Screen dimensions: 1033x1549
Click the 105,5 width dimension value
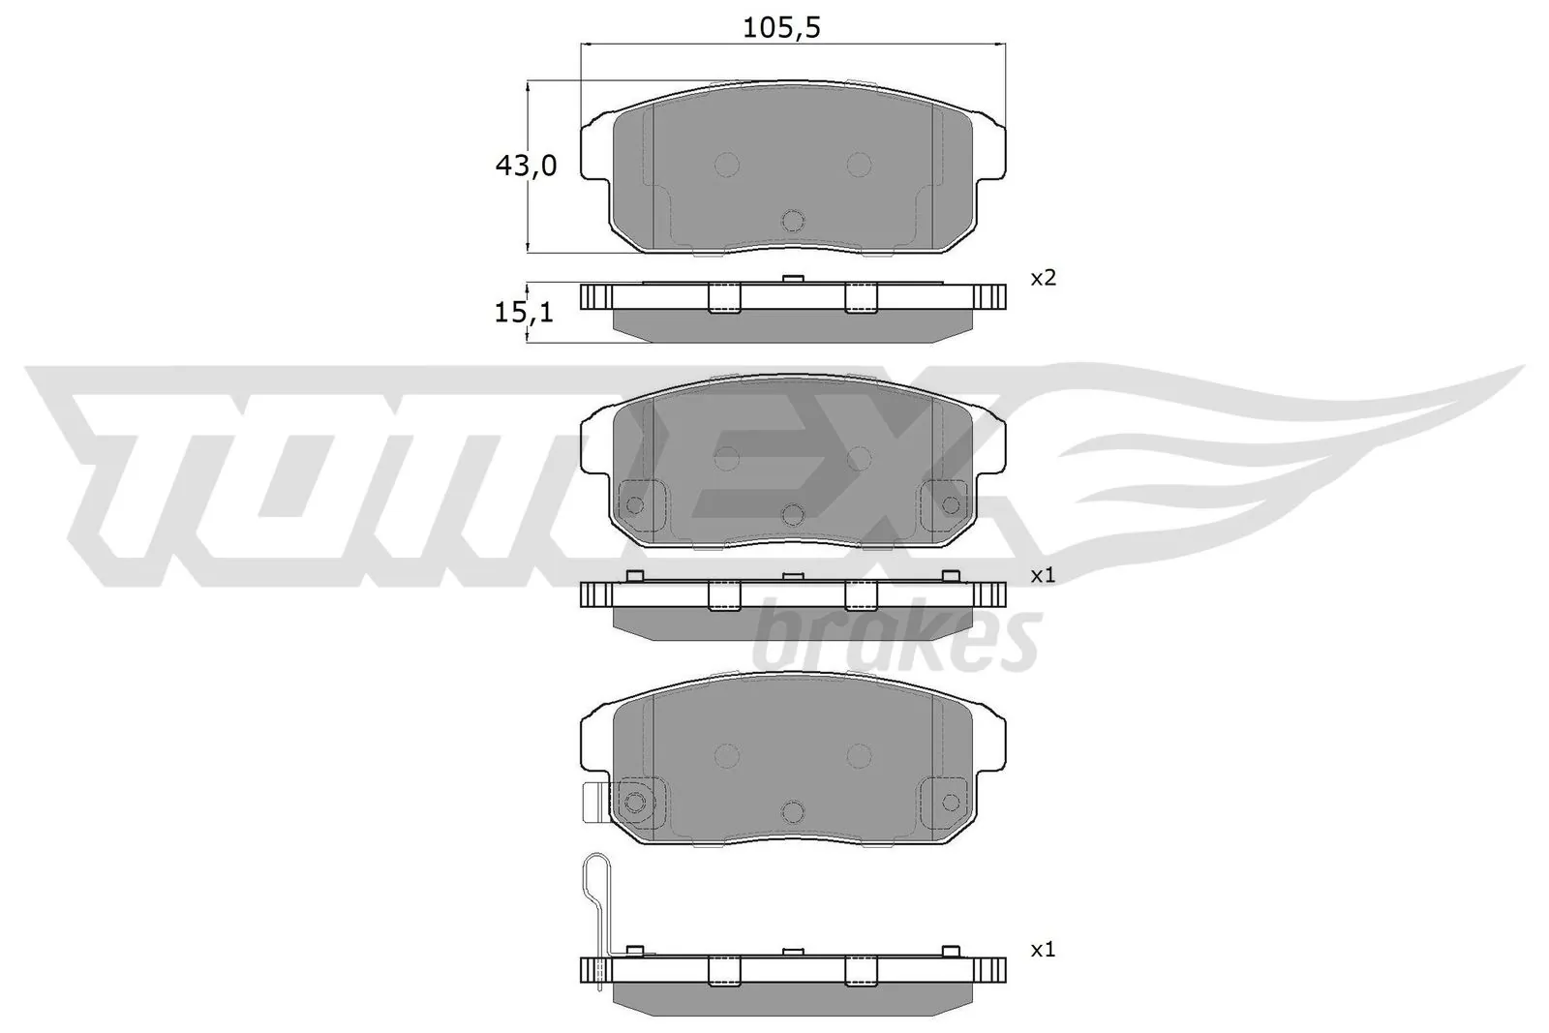tap(781, 28)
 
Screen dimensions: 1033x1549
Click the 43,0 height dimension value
tap(526, 167)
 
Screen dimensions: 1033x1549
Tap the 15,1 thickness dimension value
tap(524, 312)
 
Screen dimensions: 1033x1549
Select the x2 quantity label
tap(1043, 279)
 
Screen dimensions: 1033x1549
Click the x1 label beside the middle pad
tap(1043, 575)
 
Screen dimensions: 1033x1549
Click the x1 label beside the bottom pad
tap(1043, 951)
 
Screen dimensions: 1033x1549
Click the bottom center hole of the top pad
tap(793, 221)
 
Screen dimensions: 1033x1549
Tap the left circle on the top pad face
tap(726, 165)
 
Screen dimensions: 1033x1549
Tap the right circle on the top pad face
tap(859, 165)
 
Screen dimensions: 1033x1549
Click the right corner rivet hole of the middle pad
tap(951, 504)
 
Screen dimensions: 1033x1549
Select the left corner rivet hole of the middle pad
tap(635, 504)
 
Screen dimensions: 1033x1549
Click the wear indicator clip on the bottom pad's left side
tap(590, 803)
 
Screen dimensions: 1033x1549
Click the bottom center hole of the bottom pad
tap(793, 811)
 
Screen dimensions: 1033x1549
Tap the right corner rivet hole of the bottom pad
tap(951, 801)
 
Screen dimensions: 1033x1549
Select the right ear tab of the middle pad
tap(992, 446)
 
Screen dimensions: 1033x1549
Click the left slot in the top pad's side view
tap(724, 298)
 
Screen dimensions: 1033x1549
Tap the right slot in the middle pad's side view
tap(861, 595)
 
